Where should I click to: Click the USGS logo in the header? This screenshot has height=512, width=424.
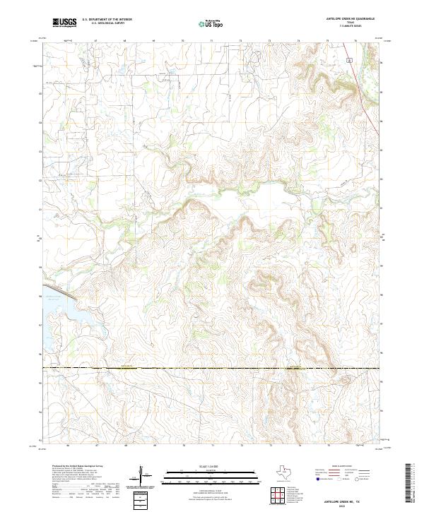pyautogui.click(x=65, y=23)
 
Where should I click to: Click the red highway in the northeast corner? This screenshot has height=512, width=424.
pyautogui.click(x=369, y=106)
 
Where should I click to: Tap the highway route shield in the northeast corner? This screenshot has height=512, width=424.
pyautogui.click(x=349, y=61)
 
